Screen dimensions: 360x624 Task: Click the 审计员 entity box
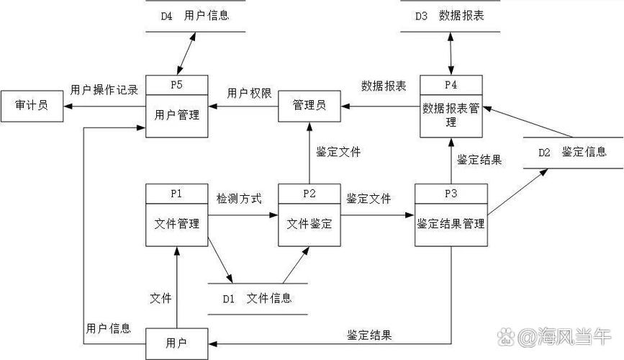click(x=31, y=106)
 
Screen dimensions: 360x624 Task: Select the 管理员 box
click(x=309, y=106)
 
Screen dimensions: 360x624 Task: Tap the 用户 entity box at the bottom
click(x=176, y=343)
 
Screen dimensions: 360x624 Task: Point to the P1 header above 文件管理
click(x=176, y=194)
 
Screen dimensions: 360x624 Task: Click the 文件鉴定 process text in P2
click(x=309, y=224)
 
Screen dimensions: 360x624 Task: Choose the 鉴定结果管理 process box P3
click(x=451, y=224)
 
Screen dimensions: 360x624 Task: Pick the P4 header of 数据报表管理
click(x=451, y=84)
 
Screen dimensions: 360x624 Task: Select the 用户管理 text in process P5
click(x=177, y=115)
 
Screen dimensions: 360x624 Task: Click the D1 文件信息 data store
click(x=257, y=298)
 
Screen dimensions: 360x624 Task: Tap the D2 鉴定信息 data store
click(x=572, y=152)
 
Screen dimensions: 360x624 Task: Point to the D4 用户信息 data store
click(x=196, y=16)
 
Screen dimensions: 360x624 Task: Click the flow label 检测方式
click(x=239, y=198)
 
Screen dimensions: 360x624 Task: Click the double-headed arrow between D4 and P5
click(x=184, y=53)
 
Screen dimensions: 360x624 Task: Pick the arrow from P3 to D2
click(x=517, y=191)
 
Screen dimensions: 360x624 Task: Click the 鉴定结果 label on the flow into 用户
click(x=369, y=335)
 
